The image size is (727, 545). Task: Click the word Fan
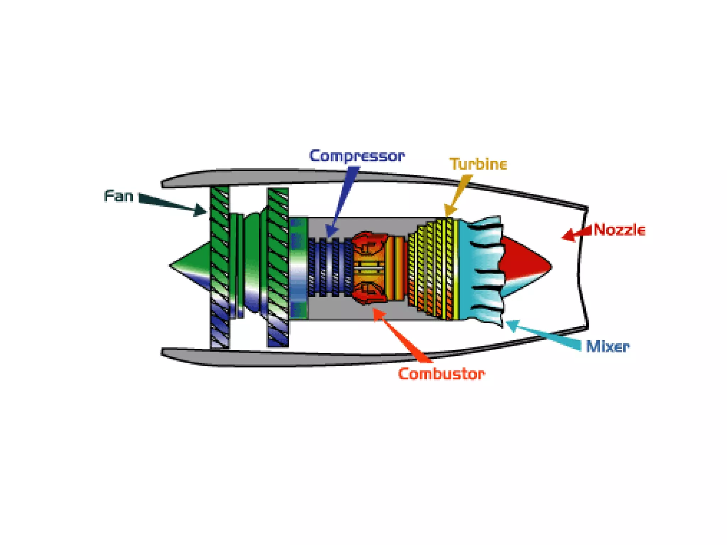tap(119, 196)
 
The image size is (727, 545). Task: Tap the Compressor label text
tap(356, 156)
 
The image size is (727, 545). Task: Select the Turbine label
tap(478, 164)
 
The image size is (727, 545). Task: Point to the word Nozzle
tap(619, 230)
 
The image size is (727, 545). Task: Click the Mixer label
tap(607, 346)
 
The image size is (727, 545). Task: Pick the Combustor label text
tap(441, 374)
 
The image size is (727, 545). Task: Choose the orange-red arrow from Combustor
tap(401, 335)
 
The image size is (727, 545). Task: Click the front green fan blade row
tap(220, 266)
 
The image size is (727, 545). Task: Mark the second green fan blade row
tap(278, 266)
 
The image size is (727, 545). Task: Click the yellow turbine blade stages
tap(433, 270)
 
